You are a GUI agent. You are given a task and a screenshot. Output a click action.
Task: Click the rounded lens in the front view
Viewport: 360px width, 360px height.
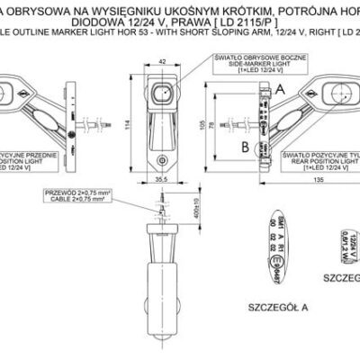click(162, 95)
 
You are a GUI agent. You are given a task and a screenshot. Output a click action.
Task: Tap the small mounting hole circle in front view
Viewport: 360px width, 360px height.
click(162, 157)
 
